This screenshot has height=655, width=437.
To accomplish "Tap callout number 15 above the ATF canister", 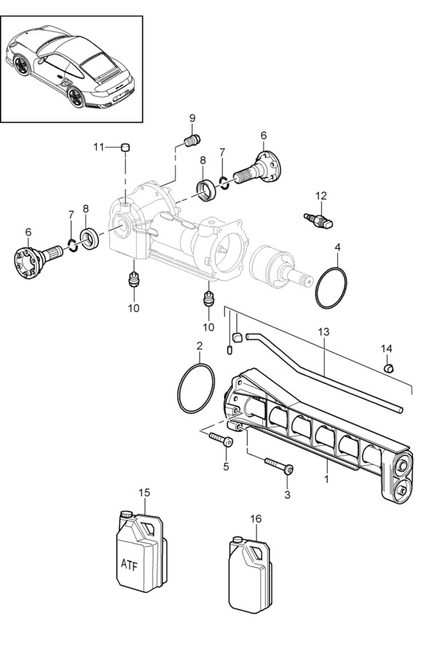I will (x=145, y=493).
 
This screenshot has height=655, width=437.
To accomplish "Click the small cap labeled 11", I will (x=125, y=147).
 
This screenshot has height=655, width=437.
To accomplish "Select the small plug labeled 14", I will (x=389, y=367).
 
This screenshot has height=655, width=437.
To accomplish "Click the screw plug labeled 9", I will (x=192, y=140).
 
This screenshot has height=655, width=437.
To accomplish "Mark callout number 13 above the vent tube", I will (x=323, y=331).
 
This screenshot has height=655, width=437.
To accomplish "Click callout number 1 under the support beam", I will (x=326, y=479).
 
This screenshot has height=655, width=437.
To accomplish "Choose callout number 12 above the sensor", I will (x=321, y=195).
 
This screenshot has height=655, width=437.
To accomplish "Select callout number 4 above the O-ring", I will (x=337, y=248).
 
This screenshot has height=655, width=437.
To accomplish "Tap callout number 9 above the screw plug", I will (x=192, y=118).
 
